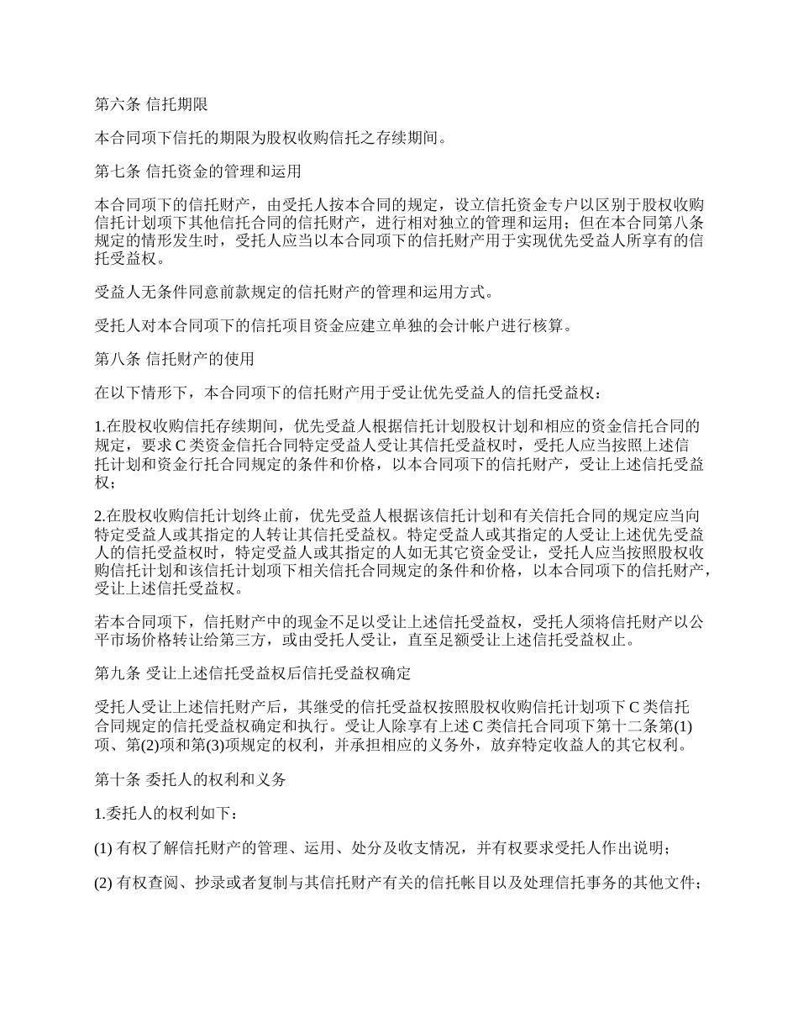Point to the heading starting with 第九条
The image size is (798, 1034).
[x=252, y=674]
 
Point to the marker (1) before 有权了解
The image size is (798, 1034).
[x=103, y=848]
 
